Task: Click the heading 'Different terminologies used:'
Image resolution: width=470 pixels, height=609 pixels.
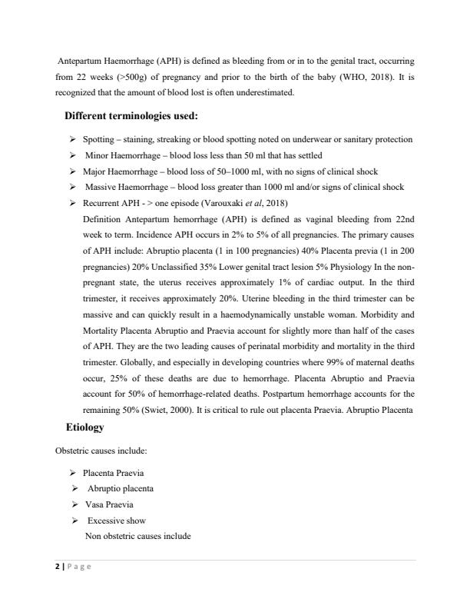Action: click(x=131, y=117)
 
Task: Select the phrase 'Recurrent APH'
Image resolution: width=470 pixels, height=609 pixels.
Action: click(x=111, y=203)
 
